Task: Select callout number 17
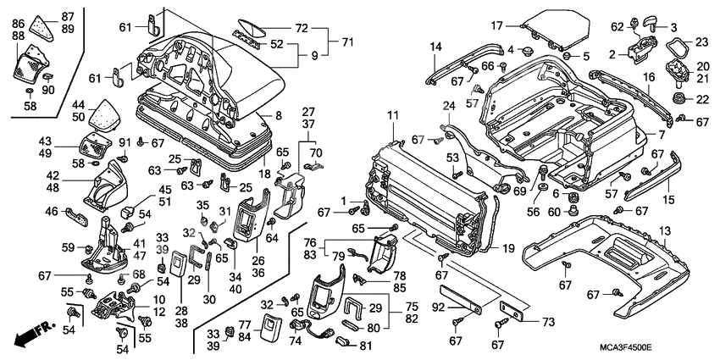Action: click(497, 25)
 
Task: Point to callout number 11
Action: click(393, 115)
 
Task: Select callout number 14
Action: click(435, 46)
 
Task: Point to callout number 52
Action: click(276, 45)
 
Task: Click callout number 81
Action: click(367, 345)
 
